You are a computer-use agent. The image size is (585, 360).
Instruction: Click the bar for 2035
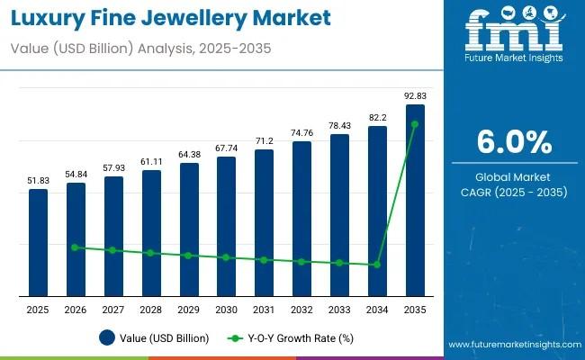click(415, 200)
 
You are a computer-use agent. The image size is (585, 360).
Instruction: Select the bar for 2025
click(38, 242)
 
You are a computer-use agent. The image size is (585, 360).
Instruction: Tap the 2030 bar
click(226, 226)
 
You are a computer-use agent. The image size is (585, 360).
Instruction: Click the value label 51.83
click(38, 180)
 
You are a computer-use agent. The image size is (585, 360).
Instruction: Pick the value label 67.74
click(226, 148)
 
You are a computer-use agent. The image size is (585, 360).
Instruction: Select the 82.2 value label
click(377, 117)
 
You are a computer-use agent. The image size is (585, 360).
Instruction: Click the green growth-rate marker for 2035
click(415, 124)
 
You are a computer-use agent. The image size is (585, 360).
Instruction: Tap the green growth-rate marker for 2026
click(76, 247)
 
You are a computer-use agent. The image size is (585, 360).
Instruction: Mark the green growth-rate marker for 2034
click(377, 265)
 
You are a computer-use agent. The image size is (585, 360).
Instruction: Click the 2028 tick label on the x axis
click(151, 310)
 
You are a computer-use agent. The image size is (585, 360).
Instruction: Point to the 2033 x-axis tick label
click(339, 310)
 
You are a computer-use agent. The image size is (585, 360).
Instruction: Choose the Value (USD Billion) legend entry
click(154, 338)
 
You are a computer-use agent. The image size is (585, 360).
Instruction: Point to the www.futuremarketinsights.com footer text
click(510, 345)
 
